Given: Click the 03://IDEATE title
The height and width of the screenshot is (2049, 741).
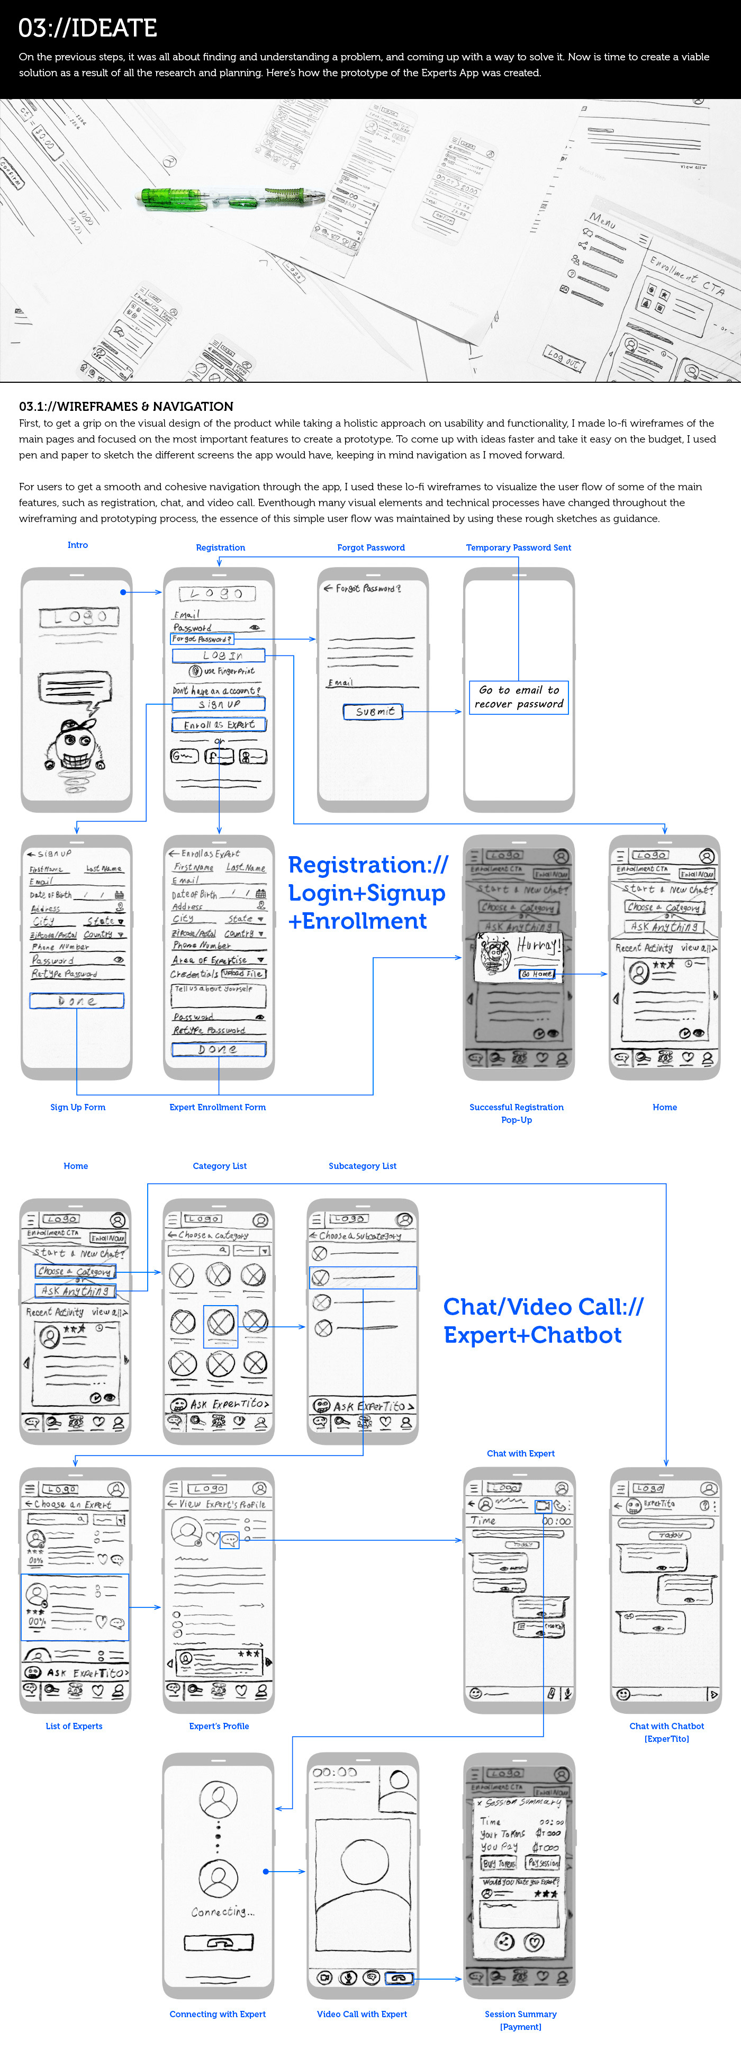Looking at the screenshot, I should click(x=87, y=28).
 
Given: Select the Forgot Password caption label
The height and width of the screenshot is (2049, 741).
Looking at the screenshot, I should click(x=370, y=547).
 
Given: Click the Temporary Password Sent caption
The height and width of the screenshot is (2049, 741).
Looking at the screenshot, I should click(x=518, y=547).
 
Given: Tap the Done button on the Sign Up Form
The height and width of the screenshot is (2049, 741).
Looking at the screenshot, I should click(x=77, y=1001).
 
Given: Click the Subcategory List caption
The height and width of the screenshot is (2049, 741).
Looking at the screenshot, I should click(x=363, y=1165).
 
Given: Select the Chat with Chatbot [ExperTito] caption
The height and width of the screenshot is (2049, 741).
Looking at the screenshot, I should click(x=666, y=1732).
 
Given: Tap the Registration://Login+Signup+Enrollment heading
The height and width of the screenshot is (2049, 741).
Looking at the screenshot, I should click(x=367, y=893).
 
